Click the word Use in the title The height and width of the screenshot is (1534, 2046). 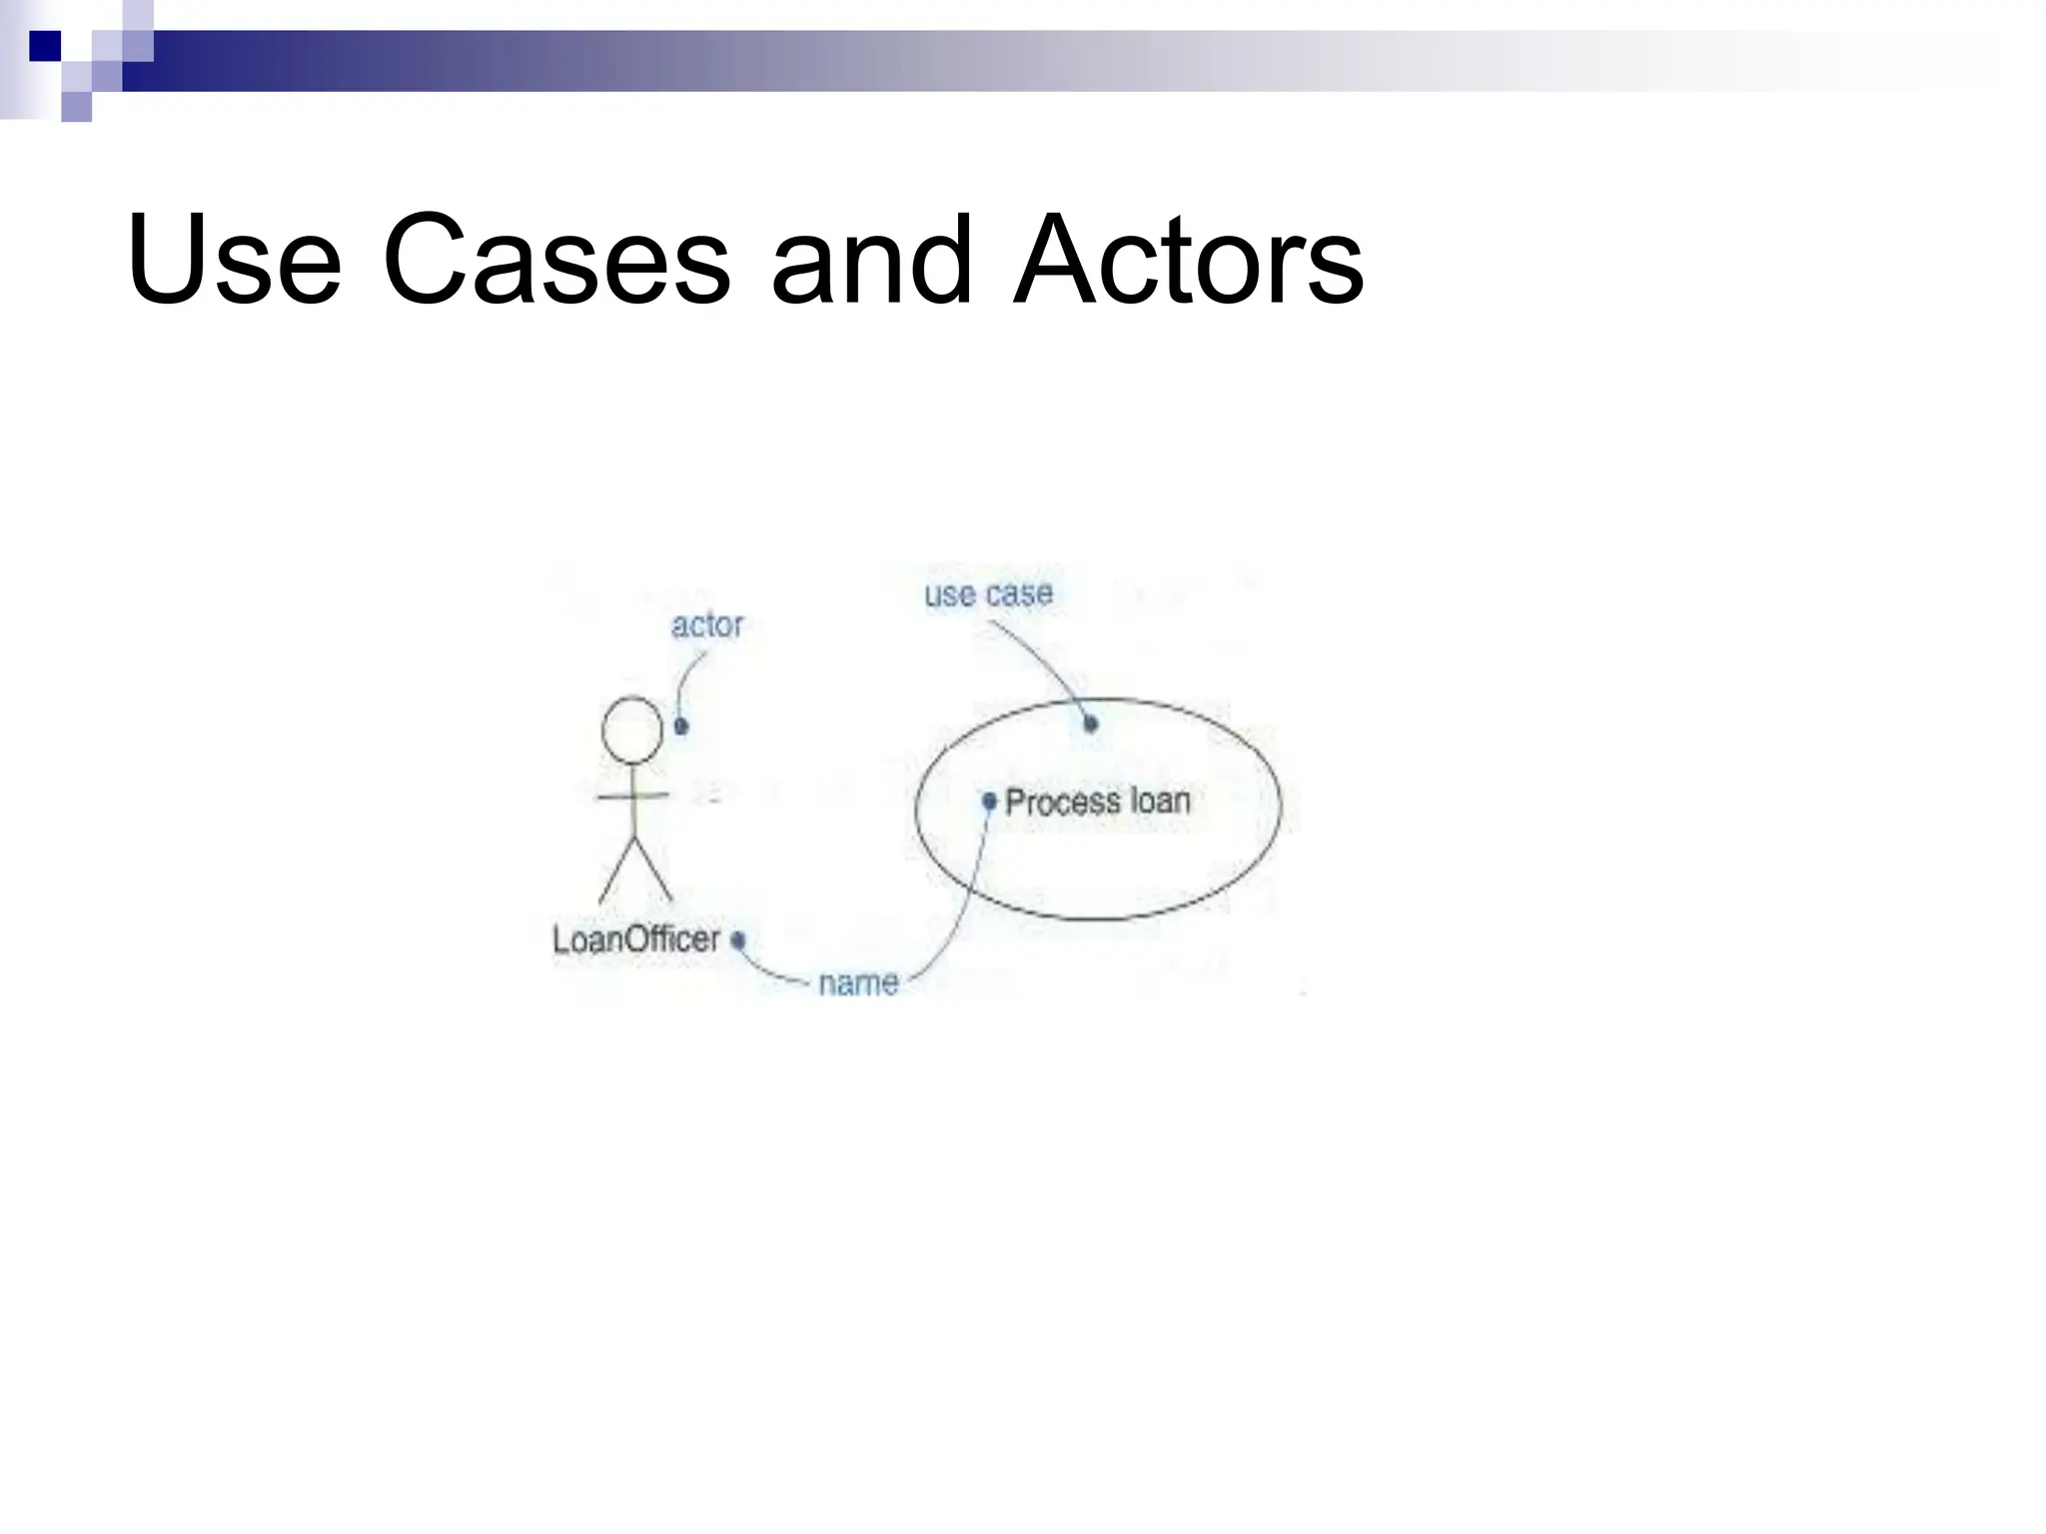click(x=234, y=262)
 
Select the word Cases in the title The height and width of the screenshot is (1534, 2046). click(x=555, y=262)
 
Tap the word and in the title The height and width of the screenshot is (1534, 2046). click(x=871, y=262)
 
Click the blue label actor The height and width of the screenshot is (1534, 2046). click(x=706, y=626)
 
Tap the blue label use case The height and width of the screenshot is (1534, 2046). click(x=988, y=595)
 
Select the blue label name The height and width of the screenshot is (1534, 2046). click(x=858, y=984)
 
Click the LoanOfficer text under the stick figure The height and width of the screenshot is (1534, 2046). click(x=636, y=940)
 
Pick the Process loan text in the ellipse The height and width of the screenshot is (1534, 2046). click(x=1097, y=802)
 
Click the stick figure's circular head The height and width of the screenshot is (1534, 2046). click(x=631, y=730)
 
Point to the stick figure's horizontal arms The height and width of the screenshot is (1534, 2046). click(x=632, y=796)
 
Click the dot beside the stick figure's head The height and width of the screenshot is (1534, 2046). click(x=681, y=726)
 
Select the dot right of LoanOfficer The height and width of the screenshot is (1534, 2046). click(x=738, y=940)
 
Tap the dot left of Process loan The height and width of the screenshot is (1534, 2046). click(x=989, y=801)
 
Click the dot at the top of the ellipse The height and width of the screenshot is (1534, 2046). click(x=1091, y=723)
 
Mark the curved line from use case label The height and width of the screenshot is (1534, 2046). click(x=1045, y=660)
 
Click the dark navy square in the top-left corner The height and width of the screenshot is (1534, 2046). click(x=45, y=46)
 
